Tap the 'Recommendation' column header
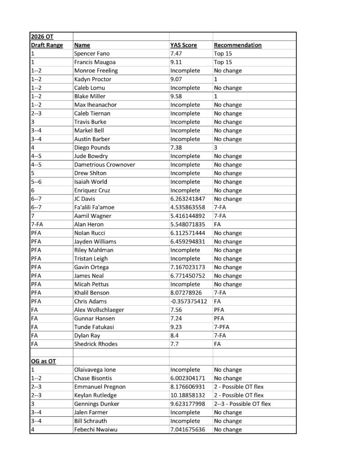pos(238,45)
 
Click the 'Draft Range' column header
pos(47,45)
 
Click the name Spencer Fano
pos(91,54)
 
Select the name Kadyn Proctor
pos(92,79)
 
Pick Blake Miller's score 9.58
pos(177,96)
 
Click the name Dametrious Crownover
pos(104,164)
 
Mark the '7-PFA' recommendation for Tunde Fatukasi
pos(223,327)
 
